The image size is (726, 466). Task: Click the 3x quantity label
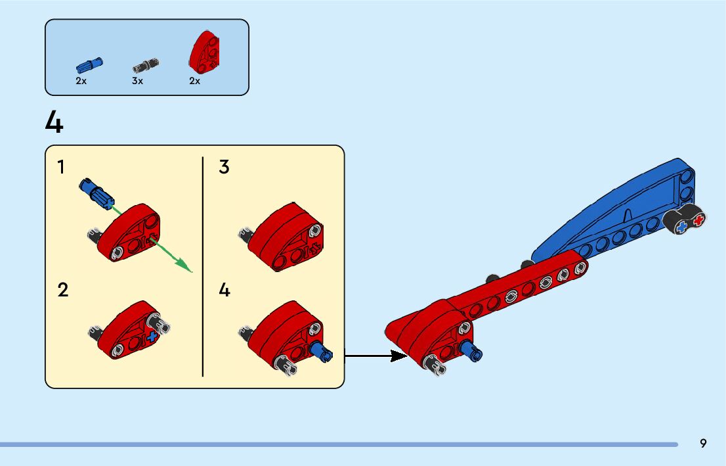(137, 81)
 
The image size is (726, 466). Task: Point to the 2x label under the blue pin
(81, 81)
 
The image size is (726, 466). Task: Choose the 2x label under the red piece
(194, 81)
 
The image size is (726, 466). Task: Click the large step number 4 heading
(54, 123)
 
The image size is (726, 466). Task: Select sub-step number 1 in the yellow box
(61, 167)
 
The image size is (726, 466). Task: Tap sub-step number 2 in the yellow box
(62, 290)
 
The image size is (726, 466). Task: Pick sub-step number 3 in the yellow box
(224, 167)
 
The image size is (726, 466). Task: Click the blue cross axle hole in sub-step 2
(152, 337)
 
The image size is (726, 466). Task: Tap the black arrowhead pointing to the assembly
(398, 356)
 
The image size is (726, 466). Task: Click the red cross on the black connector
(698, 219)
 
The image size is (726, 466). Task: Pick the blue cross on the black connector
(682, 226)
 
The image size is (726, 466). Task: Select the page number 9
(703, 444)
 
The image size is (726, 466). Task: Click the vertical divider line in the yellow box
(203, 266)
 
